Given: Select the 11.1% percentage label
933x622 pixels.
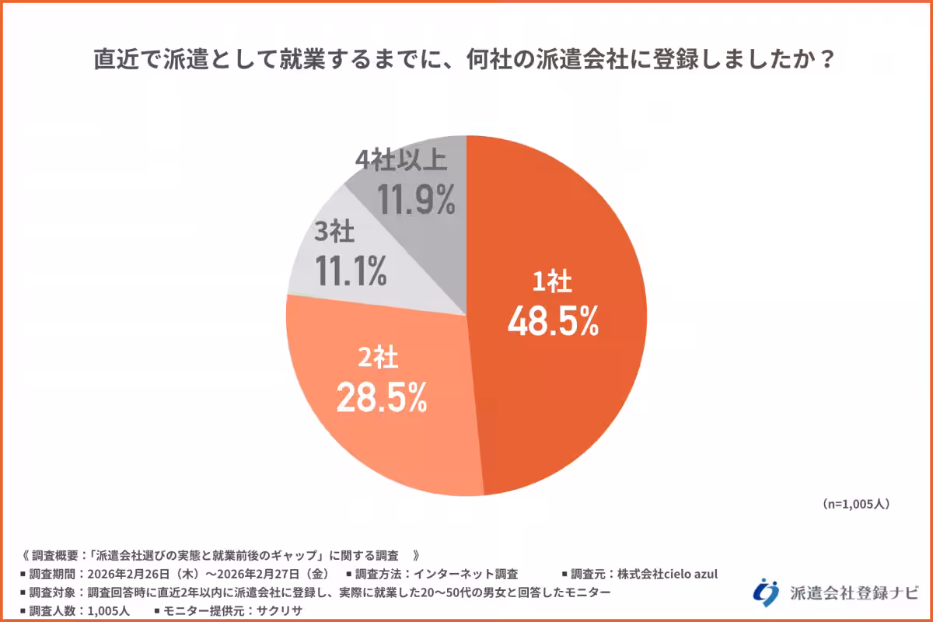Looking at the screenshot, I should click(x=351, y=270).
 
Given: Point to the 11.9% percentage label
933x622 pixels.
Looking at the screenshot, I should click(x=416, y=199).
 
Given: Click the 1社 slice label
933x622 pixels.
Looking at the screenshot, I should click(x=552, y=283).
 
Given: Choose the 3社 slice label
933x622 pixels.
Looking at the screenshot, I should click(x=334, y=232).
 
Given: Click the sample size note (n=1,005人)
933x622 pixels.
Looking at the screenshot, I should click(x=855, y=504).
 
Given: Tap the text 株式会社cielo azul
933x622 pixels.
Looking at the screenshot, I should click(x=667, y=575).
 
